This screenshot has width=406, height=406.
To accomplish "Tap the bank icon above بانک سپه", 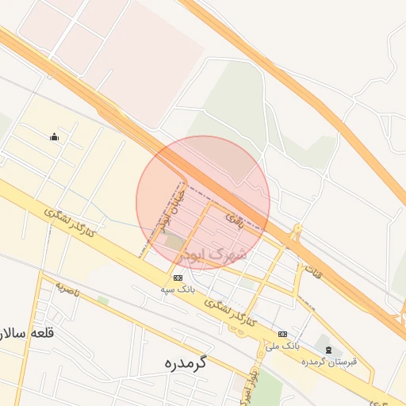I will tap(177, 278).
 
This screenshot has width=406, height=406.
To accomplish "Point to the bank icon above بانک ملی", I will tap(283, 334).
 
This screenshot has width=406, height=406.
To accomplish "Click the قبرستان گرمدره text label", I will tap(329, 362).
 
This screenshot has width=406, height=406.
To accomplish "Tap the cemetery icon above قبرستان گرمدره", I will tap(327, 350).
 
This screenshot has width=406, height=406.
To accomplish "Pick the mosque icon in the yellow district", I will tap(54, 136).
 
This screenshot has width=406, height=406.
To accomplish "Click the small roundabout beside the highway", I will tap(297, 232).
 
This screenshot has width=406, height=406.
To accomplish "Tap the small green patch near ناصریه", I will tap(103, 300).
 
